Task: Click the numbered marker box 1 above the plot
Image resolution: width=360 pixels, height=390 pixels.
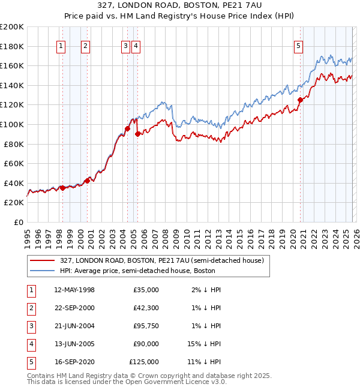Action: [62, 46]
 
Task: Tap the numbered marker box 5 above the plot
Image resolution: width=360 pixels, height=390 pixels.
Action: [299, 46]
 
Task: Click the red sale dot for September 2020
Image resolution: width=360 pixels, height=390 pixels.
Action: [300, 100]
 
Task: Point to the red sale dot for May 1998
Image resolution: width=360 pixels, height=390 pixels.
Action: [62, 188]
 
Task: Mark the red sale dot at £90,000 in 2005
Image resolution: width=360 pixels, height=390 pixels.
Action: [137, 134]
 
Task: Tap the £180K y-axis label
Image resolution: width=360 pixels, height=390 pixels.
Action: [12, 46]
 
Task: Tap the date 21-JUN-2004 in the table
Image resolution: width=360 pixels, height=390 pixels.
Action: [74, 326]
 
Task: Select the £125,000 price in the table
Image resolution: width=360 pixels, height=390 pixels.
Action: [144, 362]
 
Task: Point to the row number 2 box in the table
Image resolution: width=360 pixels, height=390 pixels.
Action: [30, 308]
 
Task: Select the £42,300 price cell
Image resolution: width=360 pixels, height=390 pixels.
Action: [146, 308]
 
